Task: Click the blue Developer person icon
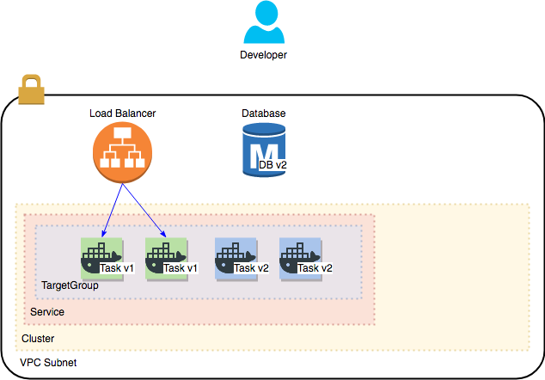pos(263,23)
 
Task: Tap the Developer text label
pos(263,55)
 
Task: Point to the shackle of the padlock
pos(31,81)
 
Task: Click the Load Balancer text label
pos(122,113)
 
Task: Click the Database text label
pos(263,113)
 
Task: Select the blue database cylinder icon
pos(263,150)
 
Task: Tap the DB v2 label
pos(272,163)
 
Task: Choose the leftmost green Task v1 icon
pos(98,256)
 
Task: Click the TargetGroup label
pos(70,285)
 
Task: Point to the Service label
pos(47,311)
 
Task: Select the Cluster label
pos(38,339)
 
